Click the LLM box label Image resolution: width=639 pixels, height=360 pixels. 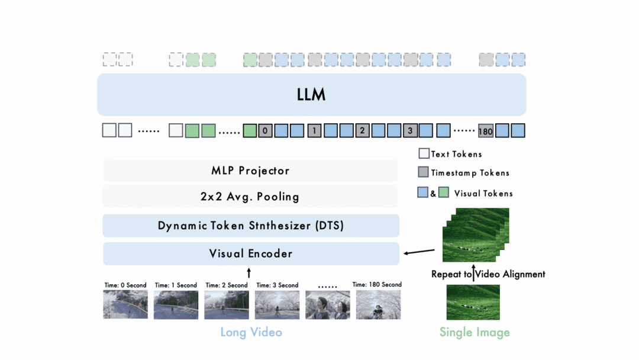[311, 95]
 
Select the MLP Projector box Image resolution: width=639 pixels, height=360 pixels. [250, 171]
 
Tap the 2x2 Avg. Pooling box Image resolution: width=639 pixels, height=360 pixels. [250, 197]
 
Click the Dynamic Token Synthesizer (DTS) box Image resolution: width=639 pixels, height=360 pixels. [251, 226]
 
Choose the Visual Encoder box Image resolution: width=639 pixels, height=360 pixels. [251, 253]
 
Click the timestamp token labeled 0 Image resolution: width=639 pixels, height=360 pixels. [265, 130]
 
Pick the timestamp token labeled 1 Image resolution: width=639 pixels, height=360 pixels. [314, 130]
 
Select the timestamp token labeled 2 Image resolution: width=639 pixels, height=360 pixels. [363, 130]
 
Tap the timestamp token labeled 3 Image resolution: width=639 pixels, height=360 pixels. [411, 130]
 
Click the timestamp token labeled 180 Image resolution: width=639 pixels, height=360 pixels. [486, 131]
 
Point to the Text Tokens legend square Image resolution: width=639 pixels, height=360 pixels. [424, 154]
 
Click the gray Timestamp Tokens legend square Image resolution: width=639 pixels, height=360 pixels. [424, 173]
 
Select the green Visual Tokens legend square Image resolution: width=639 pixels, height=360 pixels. [443, 192]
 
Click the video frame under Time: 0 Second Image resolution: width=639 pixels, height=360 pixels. [125, 304]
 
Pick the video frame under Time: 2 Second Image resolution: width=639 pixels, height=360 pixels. [227, 304]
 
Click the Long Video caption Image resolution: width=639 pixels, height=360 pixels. [251, 332]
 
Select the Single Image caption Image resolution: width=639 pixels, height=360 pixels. [475, 332]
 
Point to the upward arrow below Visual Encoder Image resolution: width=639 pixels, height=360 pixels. [249, 272]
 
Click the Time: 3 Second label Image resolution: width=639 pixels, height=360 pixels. [277, 285]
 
